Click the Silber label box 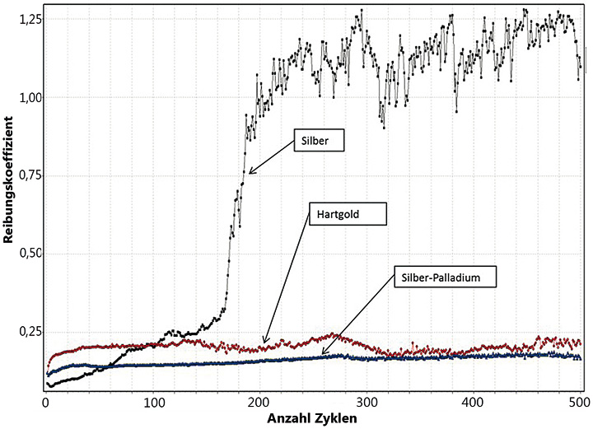click(316, 141)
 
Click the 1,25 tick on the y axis click(24, 19)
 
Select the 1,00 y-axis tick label click(24, 97)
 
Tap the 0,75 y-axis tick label click(24, 175)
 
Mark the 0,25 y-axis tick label click(24, 331)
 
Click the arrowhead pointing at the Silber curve click(250, 173)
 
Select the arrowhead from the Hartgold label click(264, 341)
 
